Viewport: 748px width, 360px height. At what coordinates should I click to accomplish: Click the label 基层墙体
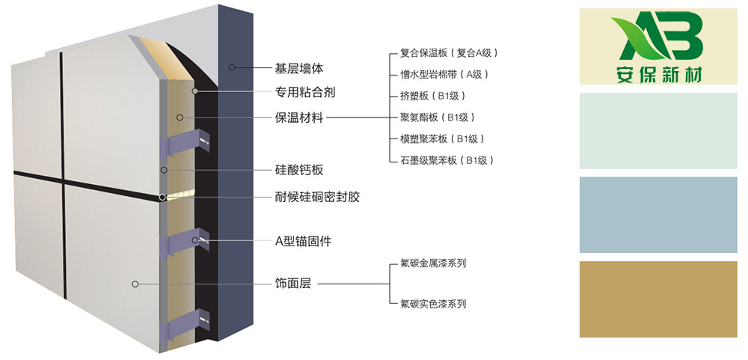click(299, 68)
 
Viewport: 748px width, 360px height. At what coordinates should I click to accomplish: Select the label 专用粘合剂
click(305, 92)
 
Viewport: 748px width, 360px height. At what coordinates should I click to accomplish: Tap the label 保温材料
click(299, 117)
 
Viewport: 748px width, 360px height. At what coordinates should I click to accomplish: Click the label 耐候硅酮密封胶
click(317, 197)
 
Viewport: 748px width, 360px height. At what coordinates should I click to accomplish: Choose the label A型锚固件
click(304, 242)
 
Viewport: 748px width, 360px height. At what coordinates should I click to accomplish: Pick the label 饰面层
click(293, 284)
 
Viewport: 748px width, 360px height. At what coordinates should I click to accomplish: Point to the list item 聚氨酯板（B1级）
click(438, 117)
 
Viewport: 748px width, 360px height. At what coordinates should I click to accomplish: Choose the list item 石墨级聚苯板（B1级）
click(447, 160)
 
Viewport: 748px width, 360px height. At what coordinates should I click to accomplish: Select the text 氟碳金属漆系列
click(433, 263)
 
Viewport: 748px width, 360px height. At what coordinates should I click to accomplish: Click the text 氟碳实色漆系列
click(433, 304)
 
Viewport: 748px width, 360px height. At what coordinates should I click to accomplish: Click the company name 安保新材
click(658, 75)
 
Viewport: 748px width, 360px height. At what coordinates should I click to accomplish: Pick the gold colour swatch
click(658, 299)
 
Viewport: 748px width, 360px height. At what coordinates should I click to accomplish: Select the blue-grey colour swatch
click(658, 215)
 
